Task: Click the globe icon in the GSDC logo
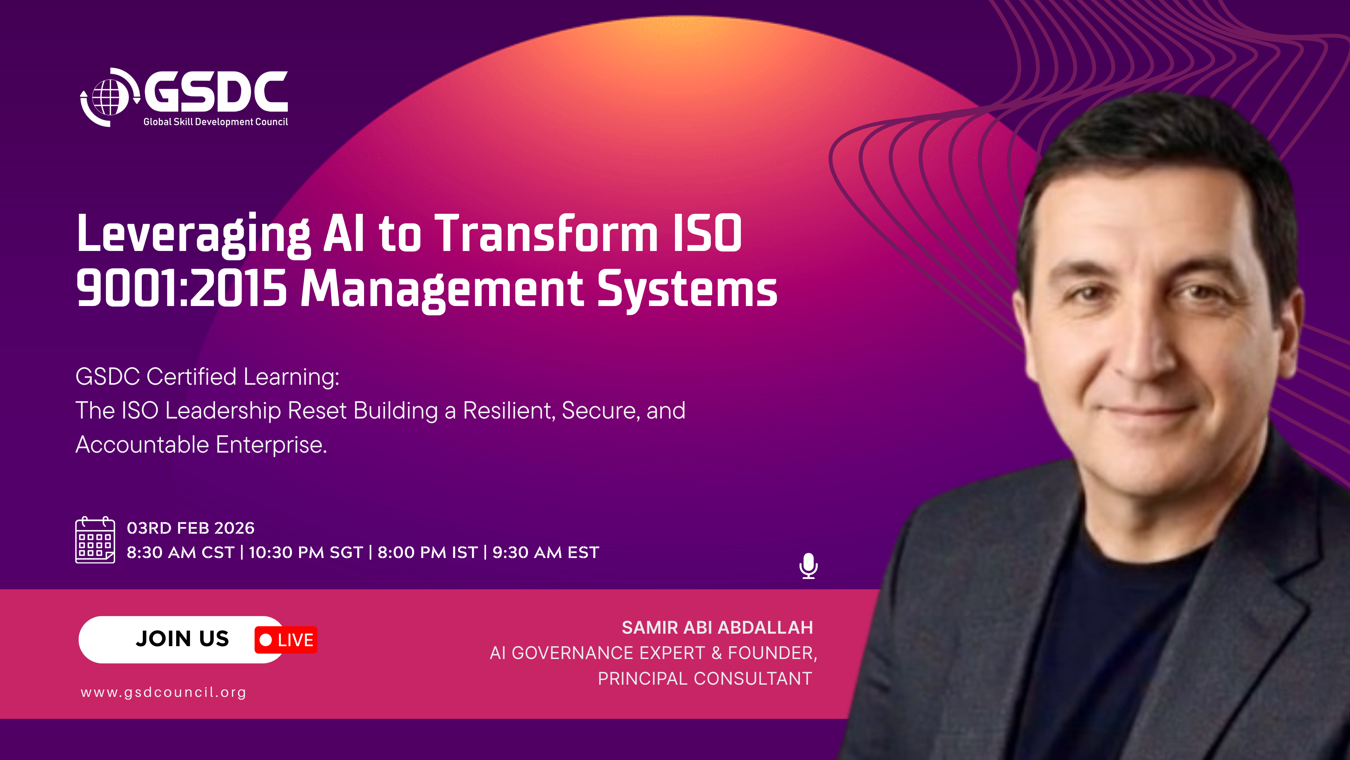coord(109,98)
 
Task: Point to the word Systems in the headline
coord(687,290)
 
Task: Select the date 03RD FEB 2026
coord(191,528)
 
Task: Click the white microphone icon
coord(809,566)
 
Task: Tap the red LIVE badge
coord(286,640)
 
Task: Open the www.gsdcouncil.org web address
coord(163,692)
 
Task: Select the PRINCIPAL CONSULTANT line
coord(705,679)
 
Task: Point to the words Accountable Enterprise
coord(201,445)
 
